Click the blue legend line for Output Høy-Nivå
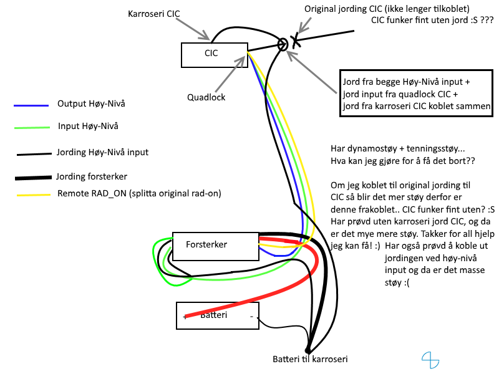[x=31, y=105]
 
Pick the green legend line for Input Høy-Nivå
[x=32, y=128]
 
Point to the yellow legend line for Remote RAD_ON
[x=34, y=194]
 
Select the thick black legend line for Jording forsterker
[x=34, y=178]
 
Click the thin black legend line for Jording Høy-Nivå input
[x=34, y=154]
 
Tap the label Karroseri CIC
[x=153, y=14]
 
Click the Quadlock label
[x=206, y=97]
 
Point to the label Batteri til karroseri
[x=310, y=359]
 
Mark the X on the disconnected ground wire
[x=296, y=40]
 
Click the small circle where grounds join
[x=283, y=44]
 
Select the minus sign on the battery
[x=251, y=317]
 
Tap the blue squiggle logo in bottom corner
[x=430, y=360]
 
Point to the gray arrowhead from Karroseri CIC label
[x=205, y=35]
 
